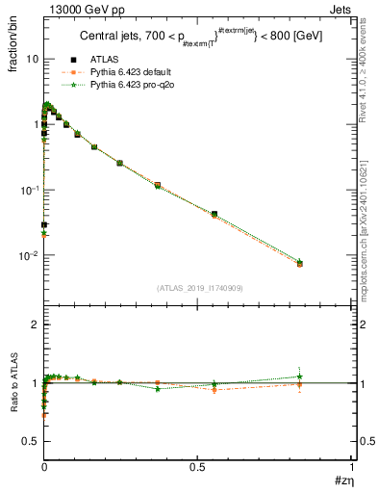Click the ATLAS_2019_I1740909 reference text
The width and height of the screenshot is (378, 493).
click(x=198, y=288)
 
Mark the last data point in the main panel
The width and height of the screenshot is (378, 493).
click(x=300, y=263)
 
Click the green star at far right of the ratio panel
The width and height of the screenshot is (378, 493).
click(x=300, y=376)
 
